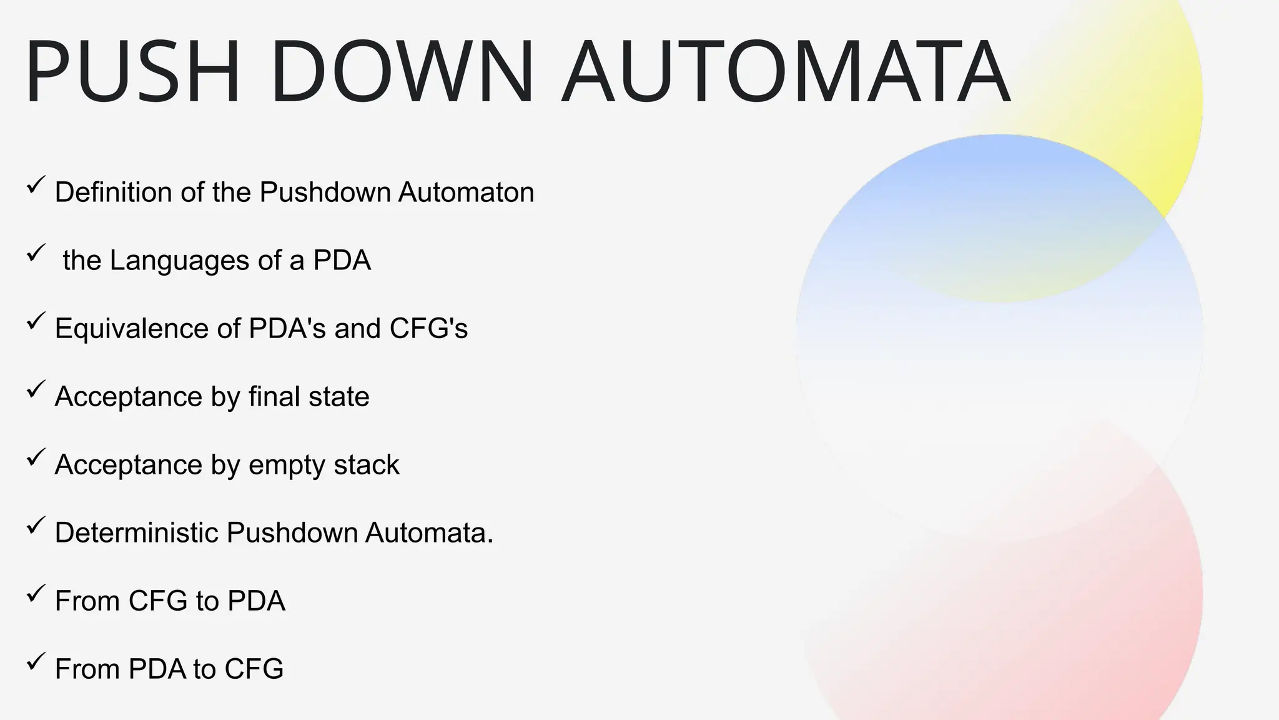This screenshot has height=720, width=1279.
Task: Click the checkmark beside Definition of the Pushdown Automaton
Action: pyautogui.click(x=36, y=186)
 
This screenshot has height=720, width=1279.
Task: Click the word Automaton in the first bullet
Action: pyautogui.click(x=466, y=192)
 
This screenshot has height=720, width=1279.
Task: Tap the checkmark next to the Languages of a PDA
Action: pyautogui.click(x=36, y=254)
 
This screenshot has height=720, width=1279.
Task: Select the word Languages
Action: pyautogui.click(x=180, y=261)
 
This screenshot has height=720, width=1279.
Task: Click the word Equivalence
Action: pyautogui.click(x=132, y=329)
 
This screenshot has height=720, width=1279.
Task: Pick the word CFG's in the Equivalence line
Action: pyautogui.click(x=428, y=329)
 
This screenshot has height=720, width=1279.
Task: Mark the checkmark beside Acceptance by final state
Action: pyautogui.click(x=36, y=390)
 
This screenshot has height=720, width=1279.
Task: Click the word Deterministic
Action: pyautogui.click(x=136, y=533)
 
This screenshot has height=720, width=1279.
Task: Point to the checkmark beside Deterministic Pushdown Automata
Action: pyautogui.click(x=36, y=526)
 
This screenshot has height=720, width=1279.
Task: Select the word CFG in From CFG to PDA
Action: pyautogui.click(x=158, y=601)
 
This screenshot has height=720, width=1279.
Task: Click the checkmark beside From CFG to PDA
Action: pyautogui.click(x=36, y=594)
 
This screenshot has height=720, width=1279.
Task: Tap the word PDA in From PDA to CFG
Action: pyautogui.click(x=157, y=669)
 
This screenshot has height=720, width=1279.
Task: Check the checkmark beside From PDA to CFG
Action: pyautogui.click(x=36, y=662)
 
